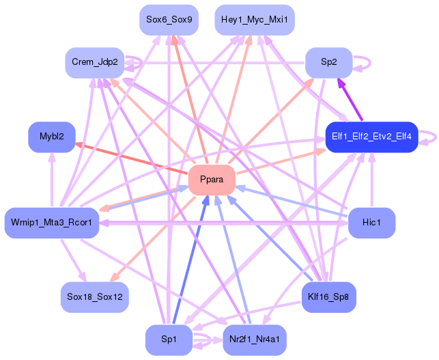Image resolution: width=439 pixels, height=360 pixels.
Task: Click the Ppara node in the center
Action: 212,180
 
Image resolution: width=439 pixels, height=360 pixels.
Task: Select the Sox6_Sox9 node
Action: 169,20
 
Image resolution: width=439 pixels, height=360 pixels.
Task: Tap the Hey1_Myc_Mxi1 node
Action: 255,20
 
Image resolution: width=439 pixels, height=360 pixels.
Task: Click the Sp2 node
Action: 328,62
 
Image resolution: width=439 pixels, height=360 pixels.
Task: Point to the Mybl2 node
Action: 52,137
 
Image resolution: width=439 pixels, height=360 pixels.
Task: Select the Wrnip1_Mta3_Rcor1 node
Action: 52,223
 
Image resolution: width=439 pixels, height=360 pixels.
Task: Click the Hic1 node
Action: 371,223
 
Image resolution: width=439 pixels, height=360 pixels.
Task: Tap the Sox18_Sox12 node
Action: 95,297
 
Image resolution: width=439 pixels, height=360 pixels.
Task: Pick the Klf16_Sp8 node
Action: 328,297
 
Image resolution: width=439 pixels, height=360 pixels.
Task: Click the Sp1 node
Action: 169,340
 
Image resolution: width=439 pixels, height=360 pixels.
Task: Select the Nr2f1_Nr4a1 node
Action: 255,340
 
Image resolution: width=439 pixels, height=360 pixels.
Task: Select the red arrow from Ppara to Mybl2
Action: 130,158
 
